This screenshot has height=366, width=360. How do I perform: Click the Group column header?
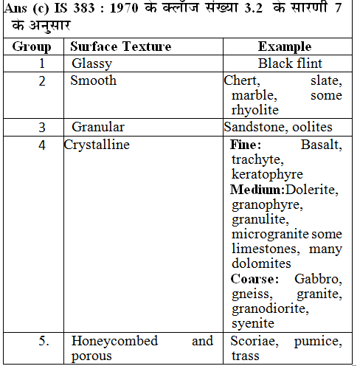coord(32,46)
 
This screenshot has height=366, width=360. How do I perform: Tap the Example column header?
coord(284,46)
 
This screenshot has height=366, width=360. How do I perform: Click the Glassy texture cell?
coord(91,63)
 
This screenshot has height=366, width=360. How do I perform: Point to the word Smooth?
coord(93,80)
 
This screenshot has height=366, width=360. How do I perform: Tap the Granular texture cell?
coord(98,127)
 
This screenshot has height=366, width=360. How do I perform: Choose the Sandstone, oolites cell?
coord(278,127)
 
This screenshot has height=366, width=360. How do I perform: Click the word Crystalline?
coord(96,145)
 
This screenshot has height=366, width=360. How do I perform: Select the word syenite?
coord(252,323)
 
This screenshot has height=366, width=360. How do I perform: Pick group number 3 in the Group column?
coord(42,127)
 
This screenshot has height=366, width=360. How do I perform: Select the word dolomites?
coord(260,263)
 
